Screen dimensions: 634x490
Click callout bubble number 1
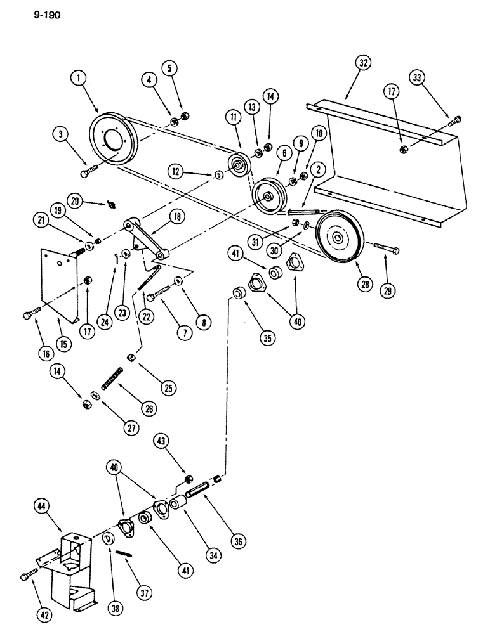point(78,79)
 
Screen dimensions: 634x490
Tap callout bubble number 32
point(362,63)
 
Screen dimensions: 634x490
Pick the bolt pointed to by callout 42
point(27,574)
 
